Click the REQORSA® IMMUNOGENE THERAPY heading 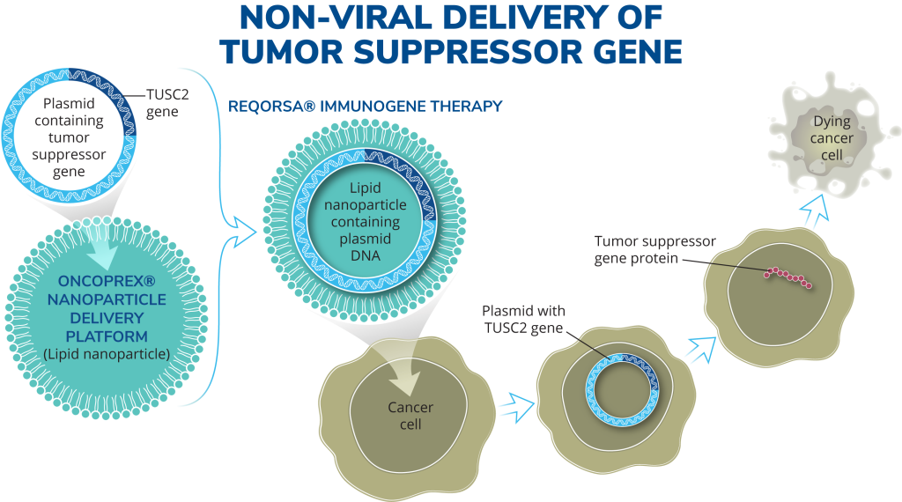pos(366,106)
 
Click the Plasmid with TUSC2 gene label pos(524,320)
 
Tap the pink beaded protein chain pos(788,277)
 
